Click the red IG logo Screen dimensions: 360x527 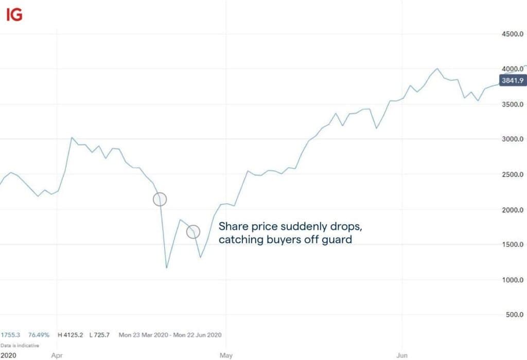[14, 15]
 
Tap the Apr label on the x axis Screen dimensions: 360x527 [57, 355]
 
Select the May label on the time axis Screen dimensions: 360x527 [226, 355]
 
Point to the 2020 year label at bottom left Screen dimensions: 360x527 [8, 355]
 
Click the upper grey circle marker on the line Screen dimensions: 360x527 [160, 199]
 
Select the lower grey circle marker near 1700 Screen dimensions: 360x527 [193, 231]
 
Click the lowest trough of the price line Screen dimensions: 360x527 [167, 267]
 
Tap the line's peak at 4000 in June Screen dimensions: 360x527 [437, 68]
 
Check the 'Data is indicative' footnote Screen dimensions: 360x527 [20, 346]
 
